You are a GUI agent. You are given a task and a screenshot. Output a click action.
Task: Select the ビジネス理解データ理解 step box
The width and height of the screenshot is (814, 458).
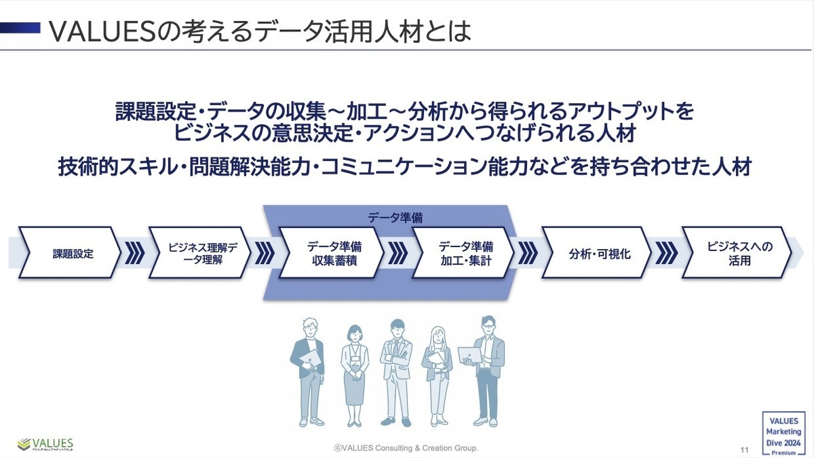tap(199, 253)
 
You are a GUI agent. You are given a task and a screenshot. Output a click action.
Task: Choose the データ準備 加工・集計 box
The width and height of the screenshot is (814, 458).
tap(464, 253)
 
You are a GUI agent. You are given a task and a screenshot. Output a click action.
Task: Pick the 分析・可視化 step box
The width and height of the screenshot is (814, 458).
tap(596, 253)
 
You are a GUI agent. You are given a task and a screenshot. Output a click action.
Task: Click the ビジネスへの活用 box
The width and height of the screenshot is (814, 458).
tap(737, 253)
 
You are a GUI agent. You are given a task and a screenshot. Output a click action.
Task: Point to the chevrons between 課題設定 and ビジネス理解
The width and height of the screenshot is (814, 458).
tap(136, 253)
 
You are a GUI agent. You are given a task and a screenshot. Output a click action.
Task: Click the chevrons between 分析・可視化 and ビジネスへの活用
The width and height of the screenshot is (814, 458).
tap(667, 253)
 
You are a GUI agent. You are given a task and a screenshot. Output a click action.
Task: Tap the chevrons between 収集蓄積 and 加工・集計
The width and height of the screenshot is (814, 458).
tap(398, 253)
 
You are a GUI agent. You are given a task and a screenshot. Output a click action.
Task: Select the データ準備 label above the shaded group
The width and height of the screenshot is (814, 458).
tap(395, 218)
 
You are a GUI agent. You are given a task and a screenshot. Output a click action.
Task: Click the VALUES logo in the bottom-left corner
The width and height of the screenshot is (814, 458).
tap(45, 444)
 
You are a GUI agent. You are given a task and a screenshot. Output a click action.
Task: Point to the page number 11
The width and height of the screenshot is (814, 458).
tap(744, 450)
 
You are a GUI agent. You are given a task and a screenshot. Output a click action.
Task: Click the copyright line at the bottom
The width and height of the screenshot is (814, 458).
tap(406, 448)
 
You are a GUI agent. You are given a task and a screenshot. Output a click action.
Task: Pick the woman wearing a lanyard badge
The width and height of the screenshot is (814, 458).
tap(355, 373)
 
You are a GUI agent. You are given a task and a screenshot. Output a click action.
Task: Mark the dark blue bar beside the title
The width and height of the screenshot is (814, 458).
tap(20, 27)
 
